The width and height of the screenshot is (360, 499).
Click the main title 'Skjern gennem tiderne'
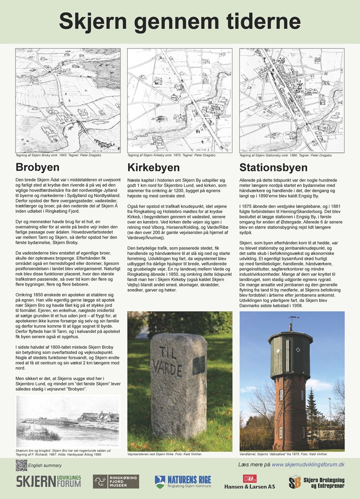[x=179, y=21]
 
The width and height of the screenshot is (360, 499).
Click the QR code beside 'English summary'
[x=21, y=465]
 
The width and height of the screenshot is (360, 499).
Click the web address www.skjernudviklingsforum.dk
[x=308, y=465]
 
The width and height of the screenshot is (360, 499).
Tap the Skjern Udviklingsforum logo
[x=48, y=482]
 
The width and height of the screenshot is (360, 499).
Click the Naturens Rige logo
[x=182, y=482]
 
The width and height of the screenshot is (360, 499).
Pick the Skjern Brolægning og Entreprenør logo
[x=316, y=482]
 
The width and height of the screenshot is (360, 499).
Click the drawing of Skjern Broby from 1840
[x=68, y=99]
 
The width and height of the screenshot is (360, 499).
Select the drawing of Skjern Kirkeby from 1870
[x=179, y=99]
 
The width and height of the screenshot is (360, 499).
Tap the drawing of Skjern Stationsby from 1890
[x=291, y=99]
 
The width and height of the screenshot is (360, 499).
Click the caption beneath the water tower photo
[x=283, y=454]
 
